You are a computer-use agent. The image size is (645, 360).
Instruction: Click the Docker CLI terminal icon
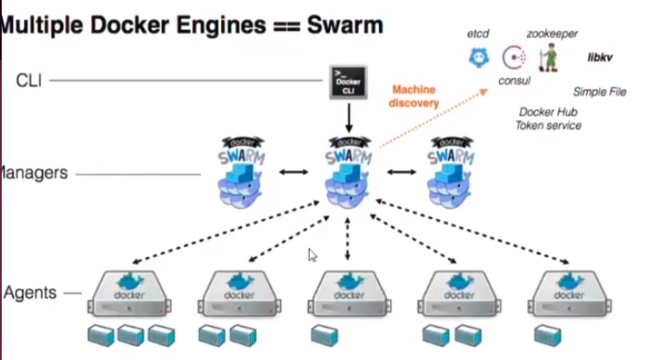coord(348,82)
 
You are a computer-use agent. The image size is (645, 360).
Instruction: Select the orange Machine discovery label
coord(414,96)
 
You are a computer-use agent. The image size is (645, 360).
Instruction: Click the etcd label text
coord(479,34)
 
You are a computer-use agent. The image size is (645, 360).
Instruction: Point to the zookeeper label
coord(552,33)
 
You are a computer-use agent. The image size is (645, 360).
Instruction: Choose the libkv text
coord(600,58)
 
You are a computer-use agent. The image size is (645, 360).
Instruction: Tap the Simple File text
coord(599,92)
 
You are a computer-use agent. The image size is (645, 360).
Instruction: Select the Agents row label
coord(31,292)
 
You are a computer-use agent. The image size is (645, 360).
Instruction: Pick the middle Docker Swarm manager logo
coord(348,172)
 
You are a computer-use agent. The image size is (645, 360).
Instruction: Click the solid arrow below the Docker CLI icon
coord(348,115)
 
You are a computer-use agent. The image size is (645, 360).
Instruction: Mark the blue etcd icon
coord(478,58)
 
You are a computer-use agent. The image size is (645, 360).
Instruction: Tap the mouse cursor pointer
coord(312,255)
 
